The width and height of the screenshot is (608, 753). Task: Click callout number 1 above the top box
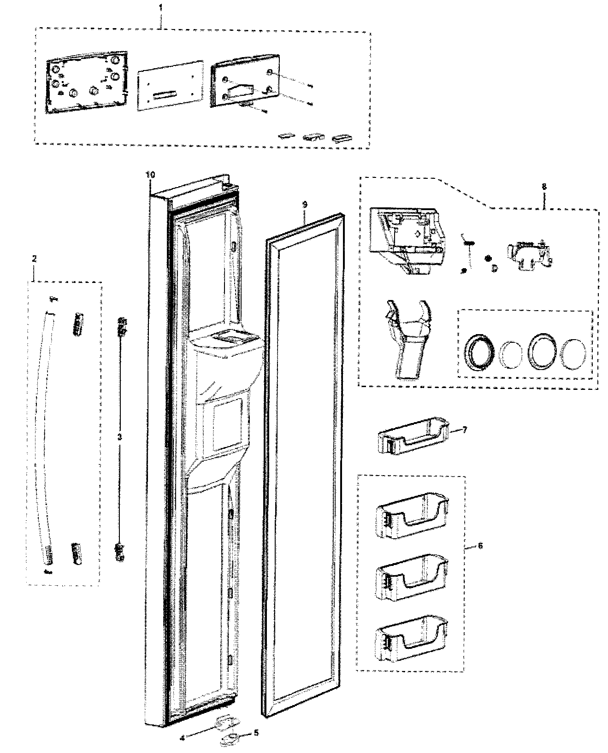pos(161,8)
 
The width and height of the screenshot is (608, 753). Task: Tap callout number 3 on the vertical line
pos(119,436)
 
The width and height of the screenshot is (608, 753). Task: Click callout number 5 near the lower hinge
pos(257,732)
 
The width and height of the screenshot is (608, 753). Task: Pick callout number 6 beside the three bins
pos(480,546)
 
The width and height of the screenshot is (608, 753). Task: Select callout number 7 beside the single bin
pos(465,429)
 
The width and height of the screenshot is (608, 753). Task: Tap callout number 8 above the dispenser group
pos(544,187)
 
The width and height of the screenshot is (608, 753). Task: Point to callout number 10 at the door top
pos(151,175)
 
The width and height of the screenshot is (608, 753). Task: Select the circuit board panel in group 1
pos(85,82)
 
